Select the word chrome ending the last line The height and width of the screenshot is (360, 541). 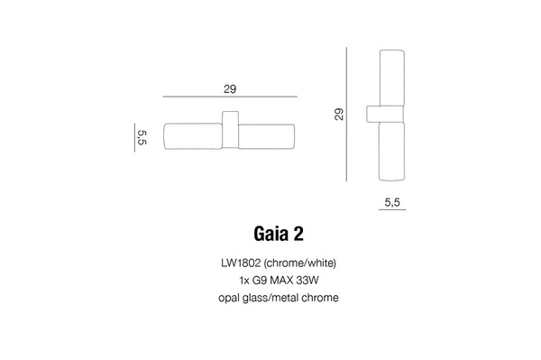pyautogui.click(x=321, y=298)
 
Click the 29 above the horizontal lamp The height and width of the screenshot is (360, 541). pyautogui.click(x=230, y=88)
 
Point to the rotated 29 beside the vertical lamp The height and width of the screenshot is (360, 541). pyautogui.click(x=339, y=114)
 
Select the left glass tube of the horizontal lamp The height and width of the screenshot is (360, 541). pyautogui.click(x=193, y=136)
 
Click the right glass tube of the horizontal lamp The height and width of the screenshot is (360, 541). pyautogui.click(x=268, y=136)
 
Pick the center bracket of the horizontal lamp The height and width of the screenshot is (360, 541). pyautogui.click(x=231, y=134)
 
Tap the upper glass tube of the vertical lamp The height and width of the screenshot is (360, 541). pyautogui.click(x=392, y=76)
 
